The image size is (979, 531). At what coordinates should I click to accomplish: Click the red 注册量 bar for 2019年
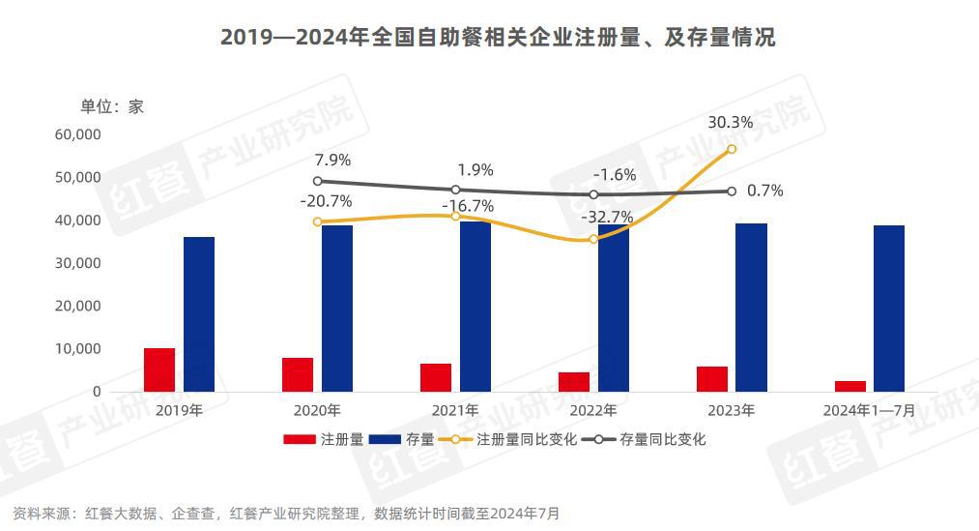coord(159,369)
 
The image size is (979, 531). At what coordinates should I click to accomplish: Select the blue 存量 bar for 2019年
coord(199,314)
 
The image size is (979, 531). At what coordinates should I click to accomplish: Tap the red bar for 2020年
coord(298,374)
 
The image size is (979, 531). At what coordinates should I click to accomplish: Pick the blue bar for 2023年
coord(751,308)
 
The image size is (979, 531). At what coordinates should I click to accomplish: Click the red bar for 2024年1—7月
coord(850,386)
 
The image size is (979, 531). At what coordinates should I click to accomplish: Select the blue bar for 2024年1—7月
coord(889,309)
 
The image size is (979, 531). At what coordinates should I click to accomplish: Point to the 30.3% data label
coord(731,123)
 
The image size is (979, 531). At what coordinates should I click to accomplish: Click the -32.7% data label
coord(607,218)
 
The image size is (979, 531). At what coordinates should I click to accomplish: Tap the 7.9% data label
coord(332,160)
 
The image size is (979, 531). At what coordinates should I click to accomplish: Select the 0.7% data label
coord(765,191)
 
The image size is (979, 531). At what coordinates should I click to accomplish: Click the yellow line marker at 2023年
coord(732,149)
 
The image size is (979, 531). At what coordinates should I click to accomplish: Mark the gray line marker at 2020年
coord(318,181)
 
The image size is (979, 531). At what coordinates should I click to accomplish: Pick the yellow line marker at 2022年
coord(593,239)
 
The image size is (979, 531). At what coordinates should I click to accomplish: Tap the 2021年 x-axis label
coord(455,410)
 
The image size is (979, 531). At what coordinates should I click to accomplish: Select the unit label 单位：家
coord(111,106)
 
